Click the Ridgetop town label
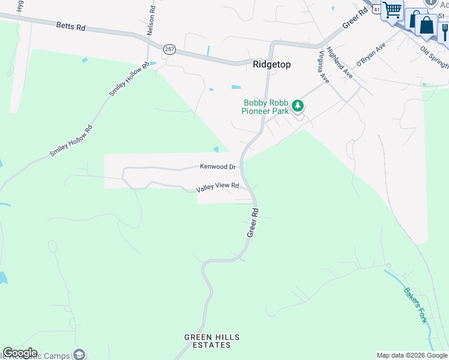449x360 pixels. (x=272, y=64)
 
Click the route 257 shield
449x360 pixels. (x=169, y=49)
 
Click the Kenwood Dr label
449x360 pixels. (x=217, y=166)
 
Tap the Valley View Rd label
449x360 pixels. (x=218, y=187)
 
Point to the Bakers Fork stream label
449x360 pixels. (x=415, y=305)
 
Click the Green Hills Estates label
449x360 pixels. (x=208, y=341)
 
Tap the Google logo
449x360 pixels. (x=19, y=353)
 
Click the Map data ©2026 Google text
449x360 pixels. (x=412, y=355)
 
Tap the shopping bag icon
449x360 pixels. (x=427, y=25)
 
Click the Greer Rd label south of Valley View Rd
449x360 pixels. (x=253, y=222)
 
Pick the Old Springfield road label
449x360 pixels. (x=433, y=57)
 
